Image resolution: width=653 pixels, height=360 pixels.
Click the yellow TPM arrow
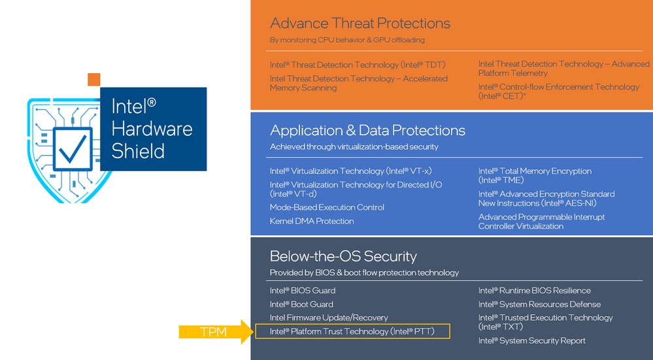(x=216, y=332)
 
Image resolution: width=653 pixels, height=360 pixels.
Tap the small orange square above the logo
(x=94, y=80)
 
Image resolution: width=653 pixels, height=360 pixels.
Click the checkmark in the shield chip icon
(x=73, y=150)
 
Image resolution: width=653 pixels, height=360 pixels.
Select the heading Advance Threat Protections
(x=360, y=24)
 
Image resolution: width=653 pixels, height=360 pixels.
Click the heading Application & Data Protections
(x=367, y=130)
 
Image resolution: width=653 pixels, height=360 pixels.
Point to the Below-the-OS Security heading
(x=343, y=256)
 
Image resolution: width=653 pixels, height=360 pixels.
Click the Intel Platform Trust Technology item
(x=352, y=331)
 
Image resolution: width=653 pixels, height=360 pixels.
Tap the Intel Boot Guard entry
(x=301, y=304)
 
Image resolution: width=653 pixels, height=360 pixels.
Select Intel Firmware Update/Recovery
(x=329, y=318)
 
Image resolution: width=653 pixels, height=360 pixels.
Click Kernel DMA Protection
(x=312, y=221)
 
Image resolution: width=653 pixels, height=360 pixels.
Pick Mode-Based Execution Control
(x=327, y=207)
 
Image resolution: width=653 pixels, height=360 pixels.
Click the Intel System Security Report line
(x=532, y=340)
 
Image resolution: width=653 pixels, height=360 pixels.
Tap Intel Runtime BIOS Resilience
(x=535, y=291)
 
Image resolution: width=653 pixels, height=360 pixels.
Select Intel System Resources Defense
(x=540, y=304)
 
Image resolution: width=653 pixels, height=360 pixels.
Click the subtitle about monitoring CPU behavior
(x=347, y=40)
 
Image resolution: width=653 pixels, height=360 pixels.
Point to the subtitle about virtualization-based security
(x=354, y=146)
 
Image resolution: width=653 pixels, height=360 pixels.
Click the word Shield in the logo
(x=138, y=151)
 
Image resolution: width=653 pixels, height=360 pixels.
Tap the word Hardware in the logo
(x=152, y=129)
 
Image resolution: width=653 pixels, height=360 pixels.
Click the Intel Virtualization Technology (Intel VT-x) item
(x=350, y=171)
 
